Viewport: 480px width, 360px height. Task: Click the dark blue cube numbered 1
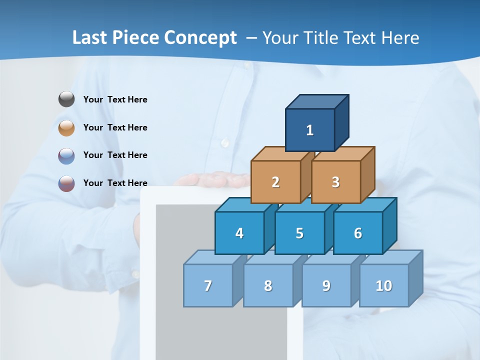click(x=310, y=130)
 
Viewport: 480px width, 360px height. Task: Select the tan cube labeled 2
click(x=275, y=182)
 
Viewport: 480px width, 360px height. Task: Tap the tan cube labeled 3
click(x=335, y=182)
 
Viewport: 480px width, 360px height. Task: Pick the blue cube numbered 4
click(x=239, y=233)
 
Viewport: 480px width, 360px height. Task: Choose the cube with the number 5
click(x=299, y=233)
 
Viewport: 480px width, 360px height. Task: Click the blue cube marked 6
click(x=358, y=233)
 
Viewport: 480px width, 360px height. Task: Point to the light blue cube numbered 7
click(x=208, y=285)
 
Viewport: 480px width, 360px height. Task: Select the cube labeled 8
click(x=268, y=285)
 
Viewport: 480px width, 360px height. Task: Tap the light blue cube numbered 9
click(x=326, y=285)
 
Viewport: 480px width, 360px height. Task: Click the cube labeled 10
click(x=383, y=285)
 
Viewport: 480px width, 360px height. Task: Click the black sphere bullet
click(x=66, y=99)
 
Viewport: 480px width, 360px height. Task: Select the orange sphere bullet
click(x=66, y=127)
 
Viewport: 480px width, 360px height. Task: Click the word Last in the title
click(x=90, y=37)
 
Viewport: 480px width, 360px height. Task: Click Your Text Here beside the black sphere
click(x=115, y=99)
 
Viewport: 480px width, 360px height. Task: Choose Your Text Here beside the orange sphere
click(x=115, y=127)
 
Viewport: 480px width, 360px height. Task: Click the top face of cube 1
click(x=317, y=101)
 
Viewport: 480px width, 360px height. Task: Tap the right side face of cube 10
click(x=416, y=278)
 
